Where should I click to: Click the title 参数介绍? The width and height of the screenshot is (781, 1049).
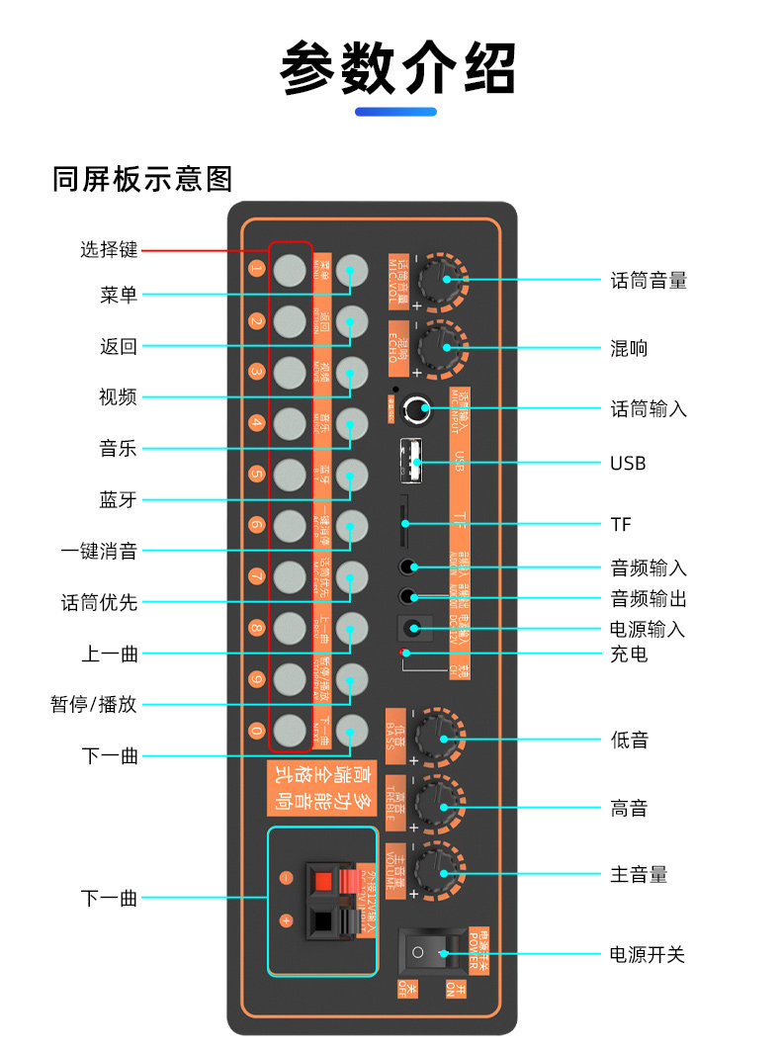(397, 67)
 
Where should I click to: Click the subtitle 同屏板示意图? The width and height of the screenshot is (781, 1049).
(142, 179)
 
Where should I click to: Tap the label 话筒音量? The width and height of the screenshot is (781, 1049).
(649, 281)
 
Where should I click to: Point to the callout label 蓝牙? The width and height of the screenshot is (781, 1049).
(118, 500)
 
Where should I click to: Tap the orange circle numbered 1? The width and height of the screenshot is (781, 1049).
(256, 269)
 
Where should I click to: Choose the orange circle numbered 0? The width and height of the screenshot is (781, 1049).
(256, 731)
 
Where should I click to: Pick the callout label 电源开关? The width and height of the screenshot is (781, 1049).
(648, 955)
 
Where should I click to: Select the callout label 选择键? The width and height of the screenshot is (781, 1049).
(109, 250)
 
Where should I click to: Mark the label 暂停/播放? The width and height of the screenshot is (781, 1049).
(94, 705)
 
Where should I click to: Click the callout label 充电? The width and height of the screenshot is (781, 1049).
(629, 655)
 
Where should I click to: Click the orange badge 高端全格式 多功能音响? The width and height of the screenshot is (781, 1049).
(319, 787)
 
